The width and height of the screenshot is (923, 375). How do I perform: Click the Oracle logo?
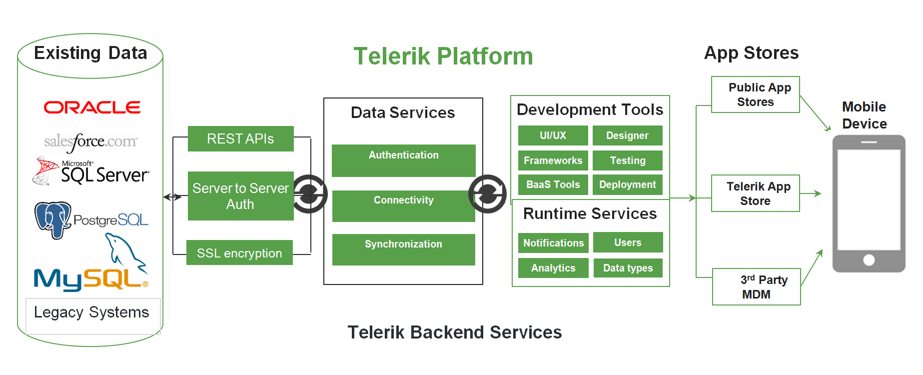coord(92,107)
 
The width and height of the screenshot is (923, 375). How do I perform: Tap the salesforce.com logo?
coord(90,142)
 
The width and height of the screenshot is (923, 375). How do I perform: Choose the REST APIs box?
coord(240,138)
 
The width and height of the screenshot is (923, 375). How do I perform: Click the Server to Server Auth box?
coord(240,196)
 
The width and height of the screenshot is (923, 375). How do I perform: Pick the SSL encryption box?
coord(239,253)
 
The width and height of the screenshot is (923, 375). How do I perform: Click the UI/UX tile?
coord(553,135)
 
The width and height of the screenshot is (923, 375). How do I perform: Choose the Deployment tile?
coord(627,184)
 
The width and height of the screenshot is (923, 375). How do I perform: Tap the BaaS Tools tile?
coord(553,184)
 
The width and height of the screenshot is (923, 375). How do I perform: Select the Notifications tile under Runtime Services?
coord(553,243)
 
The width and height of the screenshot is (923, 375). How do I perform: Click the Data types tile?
coord(628,268)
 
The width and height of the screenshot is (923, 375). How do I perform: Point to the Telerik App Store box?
coord(755,193)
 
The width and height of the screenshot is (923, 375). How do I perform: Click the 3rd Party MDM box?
coord(756,287)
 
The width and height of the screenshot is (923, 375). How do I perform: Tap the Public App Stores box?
coord(755,94)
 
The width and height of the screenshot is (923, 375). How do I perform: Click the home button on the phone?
coord(869,260)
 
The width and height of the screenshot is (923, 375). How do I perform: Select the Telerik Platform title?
coord(443,56)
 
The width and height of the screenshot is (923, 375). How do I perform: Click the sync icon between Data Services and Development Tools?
coord(488,194)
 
